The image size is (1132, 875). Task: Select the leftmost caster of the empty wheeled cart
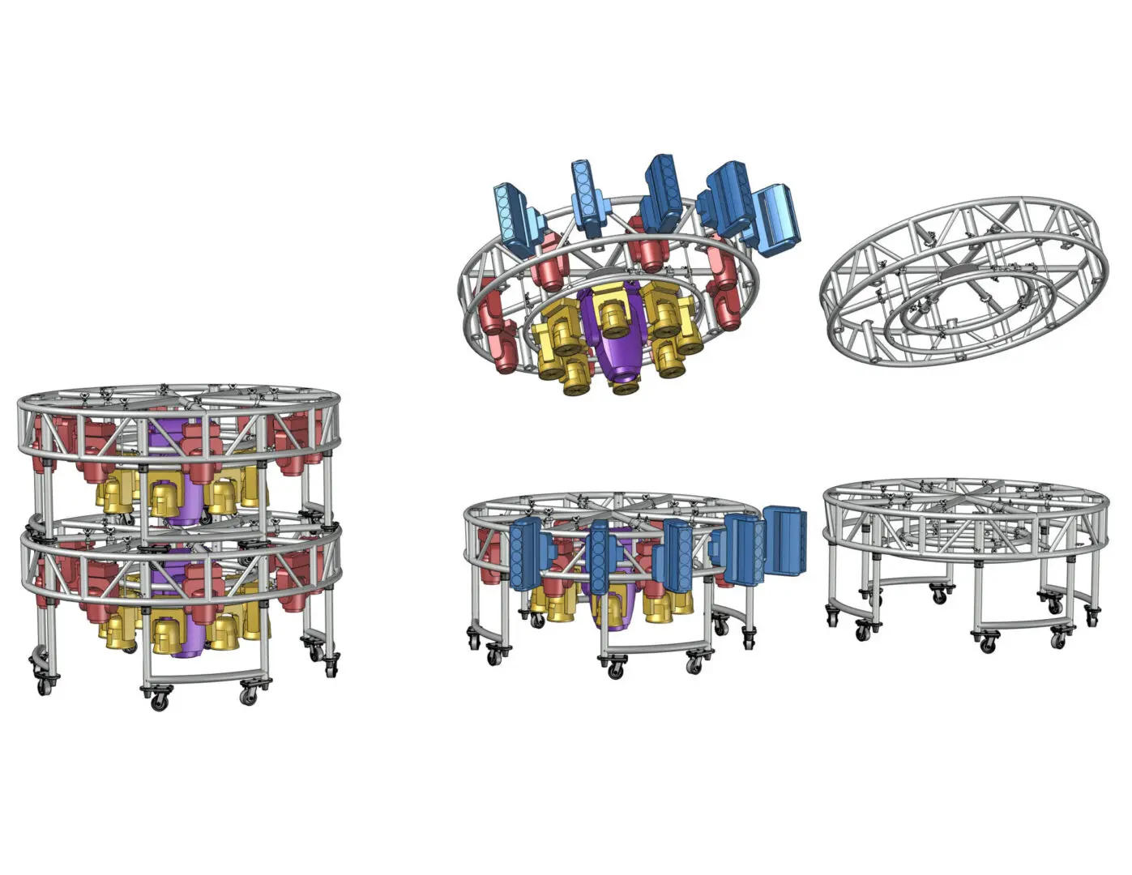[833, 617]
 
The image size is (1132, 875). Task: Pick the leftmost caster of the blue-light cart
[473, 639]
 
